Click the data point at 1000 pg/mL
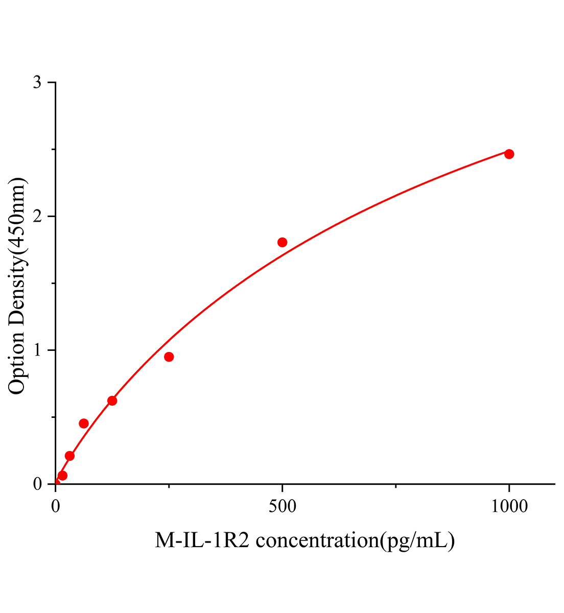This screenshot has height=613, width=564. pyautogui.click(x=509, y=154)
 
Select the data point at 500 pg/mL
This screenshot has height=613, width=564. pyautogui.click(x=283, y=242)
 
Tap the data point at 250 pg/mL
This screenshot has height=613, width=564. pyautogui.click(x=169, y=357)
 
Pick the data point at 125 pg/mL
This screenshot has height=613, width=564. pyautogui.click(x=112, y=400)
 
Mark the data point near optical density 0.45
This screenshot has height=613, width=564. pyautogui.click(x=84, y=423)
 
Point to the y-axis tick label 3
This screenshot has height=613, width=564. pyautogui.click(x=37, y=83)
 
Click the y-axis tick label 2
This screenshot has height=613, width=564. pyautogui.click(x=37, y=217)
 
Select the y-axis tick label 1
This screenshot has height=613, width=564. pyautogui.click(x=37, y=350)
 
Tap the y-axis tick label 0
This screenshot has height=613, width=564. pyautogui.click(x=37, y=484)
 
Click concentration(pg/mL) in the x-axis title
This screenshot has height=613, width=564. pyautogui.click(x=355, y=540)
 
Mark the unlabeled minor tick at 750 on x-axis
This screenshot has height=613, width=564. pyautogui.click(x=396, y=486)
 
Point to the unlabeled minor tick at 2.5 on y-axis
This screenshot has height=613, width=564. pyautogui.click(x=54, y=150)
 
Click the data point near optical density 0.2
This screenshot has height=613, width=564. pyautogui.click(x=70, y=456)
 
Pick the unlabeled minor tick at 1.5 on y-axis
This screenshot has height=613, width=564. pyautogui.click(x=54, y=284)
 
